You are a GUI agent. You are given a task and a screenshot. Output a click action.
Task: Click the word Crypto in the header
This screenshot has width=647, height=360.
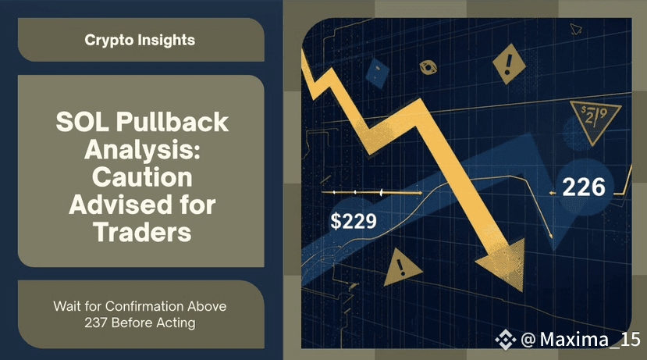coord(109,41)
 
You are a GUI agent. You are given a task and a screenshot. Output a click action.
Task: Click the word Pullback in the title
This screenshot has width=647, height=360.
coord(172,122)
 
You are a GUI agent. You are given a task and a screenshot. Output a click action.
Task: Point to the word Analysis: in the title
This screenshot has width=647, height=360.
coord(142,149)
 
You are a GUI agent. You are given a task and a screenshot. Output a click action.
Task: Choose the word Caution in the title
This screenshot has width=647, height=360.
coord(142,177)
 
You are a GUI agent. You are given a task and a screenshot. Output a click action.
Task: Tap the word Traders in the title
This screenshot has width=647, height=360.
coord(142,232)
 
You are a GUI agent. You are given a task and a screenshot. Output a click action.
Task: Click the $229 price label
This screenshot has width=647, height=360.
coord(354,221)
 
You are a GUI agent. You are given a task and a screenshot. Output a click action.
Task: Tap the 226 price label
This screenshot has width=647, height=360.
coord(584,187)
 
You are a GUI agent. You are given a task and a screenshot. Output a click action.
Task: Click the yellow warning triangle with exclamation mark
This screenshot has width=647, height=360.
coord(401,268)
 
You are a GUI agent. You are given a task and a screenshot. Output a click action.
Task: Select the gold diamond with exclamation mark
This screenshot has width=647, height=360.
coord(509,64)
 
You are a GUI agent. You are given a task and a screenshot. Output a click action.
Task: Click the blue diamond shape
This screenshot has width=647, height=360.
coord(377,73)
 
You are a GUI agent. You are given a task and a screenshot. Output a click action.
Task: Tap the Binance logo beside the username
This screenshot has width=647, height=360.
coord(506,340)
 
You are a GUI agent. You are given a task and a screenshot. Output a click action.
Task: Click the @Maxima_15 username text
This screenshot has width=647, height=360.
coord(581,340)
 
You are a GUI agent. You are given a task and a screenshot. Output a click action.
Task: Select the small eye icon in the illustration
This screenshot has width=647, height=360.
coord(428,67)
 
